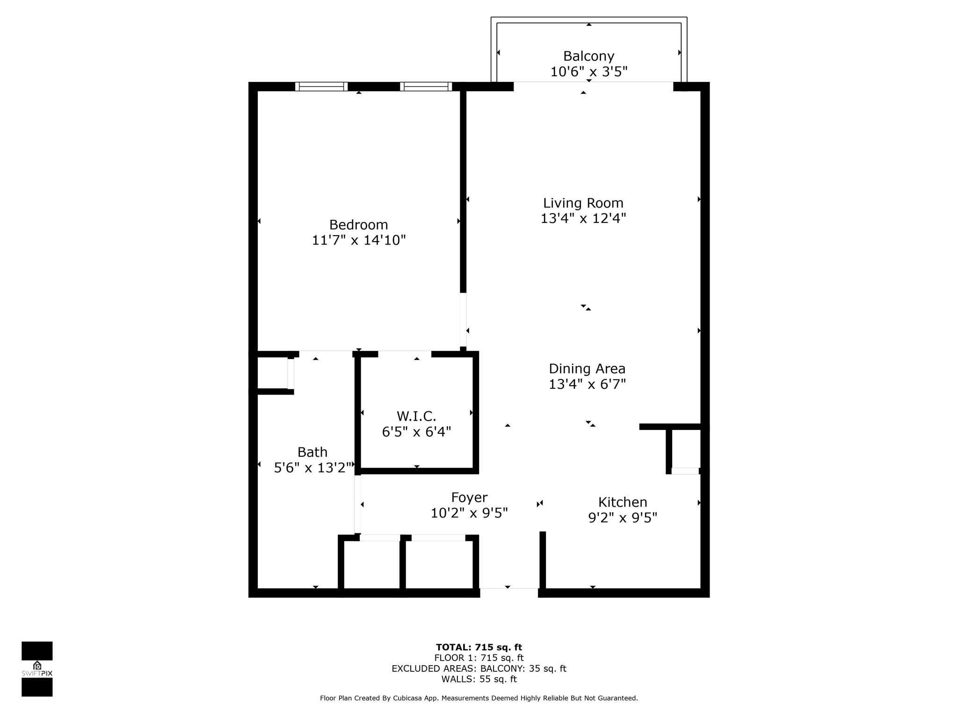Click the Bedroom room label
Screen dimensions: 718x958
[x=358, y=225]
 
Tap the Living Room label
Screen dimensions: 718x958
[x=583, y=203]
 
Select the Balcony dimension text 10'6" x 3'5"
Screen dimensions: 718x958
[x=588, y=72]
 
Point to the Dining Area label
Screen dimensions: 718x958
[x=587, y=369]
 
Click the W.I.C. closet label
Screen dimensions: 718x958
[x=416, y=416]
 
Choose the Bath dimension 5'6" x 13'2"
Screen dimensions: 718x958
[x=312, y=467]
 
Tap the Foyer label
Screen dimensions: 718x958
[x=469, y=497]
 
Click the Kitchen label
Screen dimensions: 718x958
[x=623, y=502]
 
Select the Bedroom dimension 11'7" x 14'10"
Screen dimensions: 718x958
[x=358, y=240]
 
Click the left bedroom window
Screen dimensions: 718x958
[x=321, y=86]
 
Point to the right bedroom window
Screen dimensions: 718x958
[x=426, y=86]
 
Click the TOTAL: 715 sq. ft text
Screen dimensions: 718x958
[x=479, y=647]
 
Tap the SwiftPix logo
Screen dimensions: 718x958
[x=37, y=668]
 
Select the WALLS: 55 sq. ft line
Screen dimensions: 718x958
[x=479, y=679]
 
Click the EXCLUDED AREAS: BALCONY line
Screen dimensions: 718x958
[x=479, y=668]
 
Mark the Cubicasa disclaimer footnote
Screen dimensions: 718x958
[x=479, y=698]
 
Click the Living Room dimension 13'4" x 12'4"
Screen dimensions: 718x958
[x=583, y=218]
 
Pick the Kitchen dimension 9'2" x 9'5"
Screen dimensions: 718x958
[x=623, y=517]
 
